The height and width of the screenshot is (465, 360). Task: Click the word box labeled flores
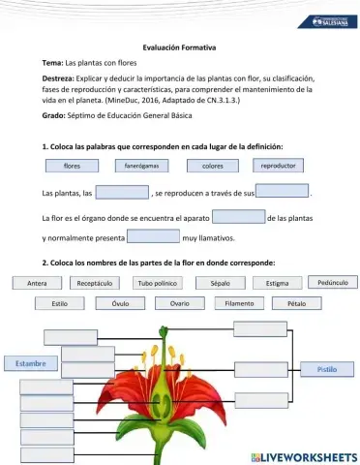pyautogui.click(x=72, y=166)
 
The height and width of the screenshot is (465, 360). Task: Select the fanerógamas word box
pyautogui.click(x=141, y=166)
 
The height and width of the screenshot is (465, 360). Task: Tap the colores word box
pyautogui.click(x=212, y=166)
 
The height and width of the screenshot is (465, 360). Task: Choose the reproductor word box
pyautogui.click(x=279, y=166)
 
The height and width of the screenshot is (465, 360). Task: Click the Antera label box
pyautogui.click(x=38, y=284)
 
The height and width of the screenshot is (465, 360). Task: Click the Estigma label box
pyautogui.click(x=278, y=284)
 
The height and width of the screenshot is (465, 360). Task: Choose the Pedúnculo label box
pyautogui.click(x=333, y=283)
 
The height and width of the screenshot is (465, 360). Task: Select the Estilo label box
pyautogui.click(x=60, y=303)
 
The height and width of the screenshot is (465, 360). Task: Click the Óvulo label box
pyautogui.click(x=120, y=303)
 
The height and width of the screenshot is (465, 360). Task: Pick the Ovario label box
pyautogui.click(x=179, y=303)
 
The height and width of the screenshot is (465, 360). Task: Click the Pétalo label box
pyautogui.click(x=297, y=303)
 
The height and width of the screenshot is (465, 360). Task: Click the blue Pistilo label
pyautogui.click(x=327, y=369)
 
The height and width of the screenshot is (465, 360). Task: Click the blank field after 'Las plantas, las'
pyautogui.click(x=122, y=192)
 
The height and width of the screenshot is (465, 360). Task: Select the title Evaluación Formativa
pyautogui.click(x=179, y=47)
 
